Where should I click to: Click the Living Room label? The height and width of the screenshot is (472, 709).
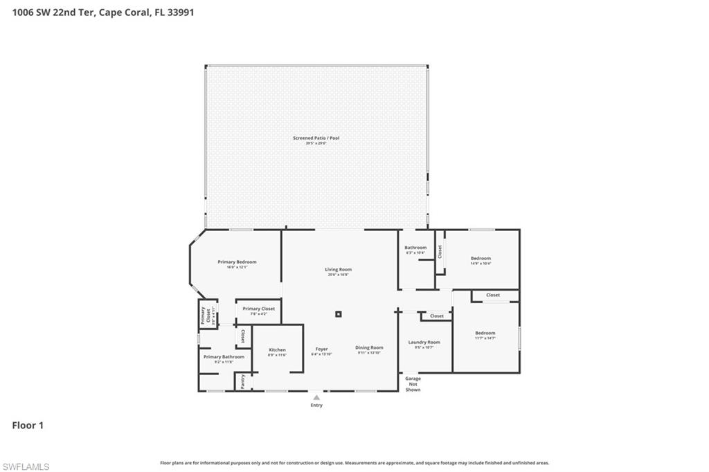[339, 269]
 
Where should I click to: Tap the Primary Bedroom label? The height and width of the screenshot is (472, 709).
[237, 262]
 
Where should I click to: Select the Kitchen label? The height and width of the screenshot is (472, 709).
[277, 350]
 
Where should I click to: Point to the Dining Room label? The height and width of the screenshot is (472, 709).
[369, 347]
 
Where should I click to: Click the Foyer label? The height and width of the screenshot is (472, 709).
[321, 349]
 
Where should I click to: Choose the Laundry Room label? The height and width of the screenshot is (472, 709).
[424, 342]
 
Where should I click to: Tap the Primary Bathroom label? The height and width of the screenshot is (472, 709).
[224, 357]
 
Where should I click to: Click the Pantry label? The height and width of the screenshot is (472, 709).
[243, 381]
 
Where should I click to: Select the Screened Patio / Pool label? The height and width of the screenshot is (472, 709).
[316, 138]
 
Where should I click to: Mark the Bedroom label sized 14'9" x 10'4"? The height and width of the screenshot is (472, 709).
[481, 258]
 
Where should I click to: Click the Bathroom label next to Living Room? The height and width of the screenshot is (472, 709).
[415, 248]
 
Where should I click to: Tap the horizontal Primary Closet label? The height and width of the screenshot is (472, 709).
[259, 309]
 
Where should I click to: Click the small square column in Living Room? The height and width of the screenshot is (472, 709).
[339, 314]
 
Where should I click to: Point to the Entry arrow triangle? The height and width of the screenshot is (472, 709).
[316, 397]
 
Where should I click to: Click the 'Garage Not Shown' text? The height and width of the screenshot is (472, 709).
[413, 384]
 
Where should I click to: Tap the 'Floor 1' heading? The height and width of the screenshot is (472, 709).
[28, 426]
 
